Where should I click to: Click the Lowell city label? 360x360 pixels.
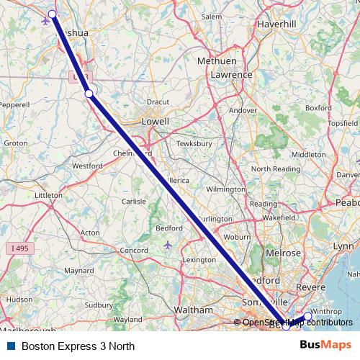[155, 122]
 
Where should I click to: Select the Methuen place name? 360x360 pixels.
[216, 62]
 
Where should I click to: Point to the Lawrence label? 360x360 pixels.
[230, 74]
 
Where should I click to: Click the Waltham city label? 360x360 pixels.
[194, 310]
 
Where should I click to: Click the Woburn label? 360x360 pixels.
[237, 236]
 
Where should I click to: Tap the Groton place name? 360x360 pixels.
[16, 143]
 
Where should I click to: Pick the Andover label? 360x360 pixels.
[243, 110]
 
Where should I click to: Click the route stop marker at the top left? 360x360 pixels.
[52, 14]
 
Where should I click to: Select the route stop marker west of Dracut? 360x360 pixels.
[89, 93]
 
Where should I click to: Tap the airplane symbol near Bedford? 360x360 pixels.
[168, 245]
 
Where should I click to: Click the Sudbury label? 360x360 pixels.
[99, 305]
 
